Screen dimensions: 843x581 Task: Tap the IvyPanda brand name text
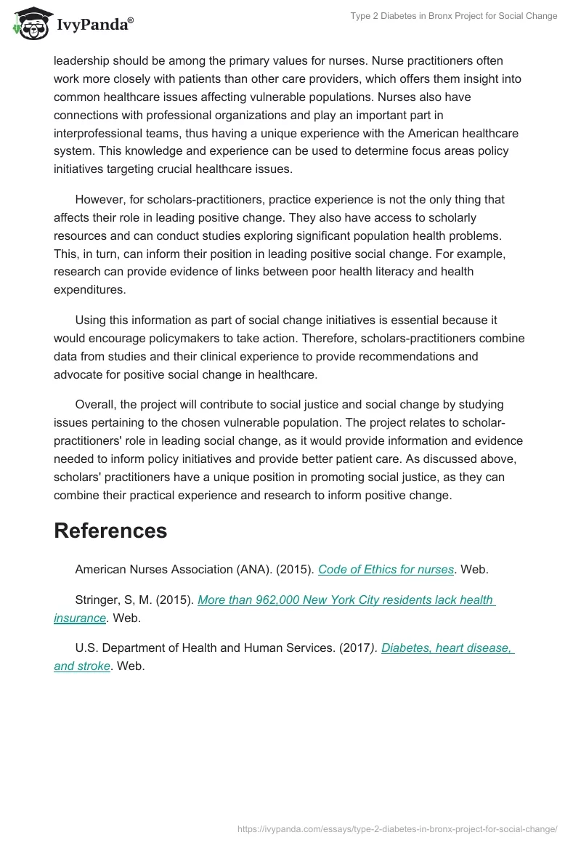94,25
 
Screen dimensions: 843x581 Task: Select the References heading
110,531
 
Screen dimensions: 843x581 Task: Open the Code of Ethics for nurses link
386,570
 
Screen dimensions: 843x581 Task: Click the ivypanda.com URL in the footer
397,828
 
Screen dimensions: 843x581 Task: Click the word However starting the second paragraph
99,199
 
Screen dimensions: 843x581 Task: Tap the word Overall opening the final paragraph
96,404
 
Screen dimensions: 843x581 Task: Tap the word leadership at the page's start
84,60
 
